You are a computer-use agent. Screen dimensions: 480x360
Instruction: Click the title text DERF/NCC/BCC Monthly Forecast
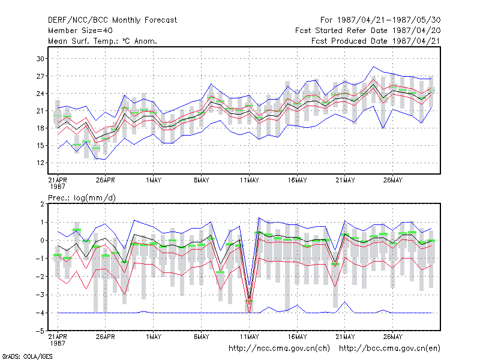point(112,20)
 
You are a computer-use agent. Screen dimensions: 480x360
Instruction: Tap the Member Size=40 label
point(80,31)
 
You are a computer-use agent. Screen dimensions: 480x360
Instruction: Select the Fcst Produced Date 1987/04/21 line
point(376,41)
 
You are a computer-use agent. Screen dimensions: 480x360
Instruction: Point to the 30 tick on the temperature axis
point(40,58)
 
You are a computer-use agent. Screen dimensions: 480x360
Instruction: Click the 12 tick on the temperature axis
point(40,163)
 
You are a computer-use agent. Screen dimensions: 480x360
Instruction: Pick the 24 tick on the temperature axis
point(40,94)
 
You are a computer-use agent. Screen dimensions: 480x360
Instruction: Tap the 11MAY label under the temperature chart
point(249,181)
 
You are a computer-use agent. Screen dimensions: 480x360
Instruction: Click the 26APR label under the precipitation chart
point(106,337)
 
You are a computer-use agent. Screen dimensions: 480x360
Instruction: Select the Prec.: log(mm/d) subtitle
point(82,198)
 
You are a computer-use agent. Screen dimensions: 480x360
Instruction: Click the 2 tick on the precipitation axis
point(42,204)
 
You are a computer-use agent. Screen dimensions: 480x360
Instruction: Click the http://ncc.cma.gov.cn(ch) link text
point(279,349)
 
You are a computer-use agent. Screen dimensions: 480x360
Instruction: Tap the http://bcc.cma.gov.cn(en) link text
point(389,349)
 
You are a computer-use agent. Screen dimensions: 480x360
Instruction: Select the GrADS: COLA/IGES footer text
point(27,356)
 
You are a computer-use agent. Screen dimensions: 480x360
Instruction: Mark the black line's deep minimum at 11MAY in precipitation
point(249,298)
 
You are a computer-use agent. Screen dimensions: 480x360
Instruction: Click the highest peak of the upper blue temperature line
point(373,67)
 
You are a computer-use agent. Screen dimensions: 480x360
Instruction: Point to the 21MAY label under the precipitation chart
point(345,337)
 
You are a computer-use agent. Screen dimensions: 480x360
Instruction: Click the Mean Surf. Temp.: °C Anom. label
point(103,41)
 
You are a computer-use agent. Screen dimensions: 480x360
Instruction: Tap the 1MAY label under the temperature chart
point(154,181)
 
